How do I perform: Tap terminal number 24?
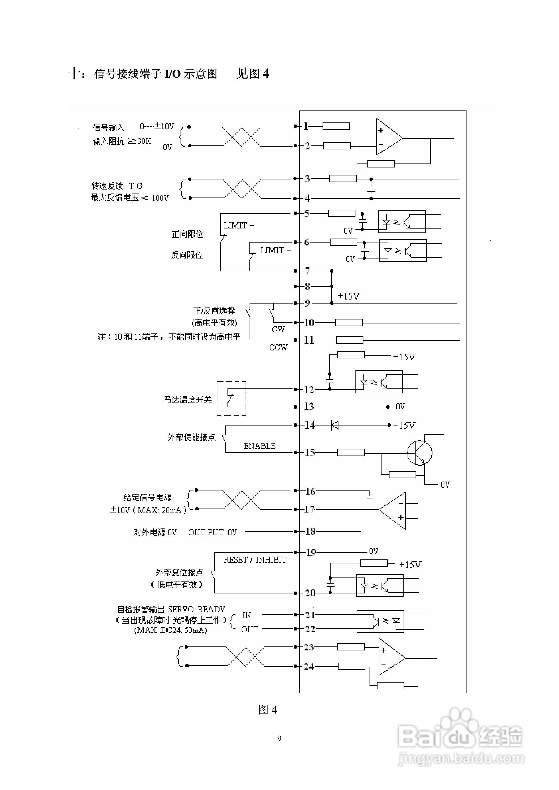click(x=309, y=666)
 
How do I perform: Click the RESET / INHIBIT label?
click(x=255, y=560)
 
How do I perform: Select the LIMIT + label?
click(x=239, y=225)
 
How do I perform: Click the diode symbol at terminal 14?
click(x=335, y=425)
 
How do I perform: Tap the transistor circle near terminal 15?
click(x=420, y=452)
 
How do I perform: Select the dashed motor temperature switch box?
click(x=231, y=399)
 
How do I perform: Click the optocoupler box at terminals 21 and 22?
click(x=380, y=621)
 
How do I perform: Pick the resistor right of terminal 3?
click(x=343, y=179)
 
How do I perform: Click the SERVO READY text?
click(x=197, y=609)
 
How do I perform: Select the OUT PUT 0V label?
click(x=212, y=532)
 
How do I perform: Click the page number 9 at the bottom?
click(x=279, y=738)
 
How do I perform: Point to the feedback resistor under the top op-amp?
click(x=381, y=164)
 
